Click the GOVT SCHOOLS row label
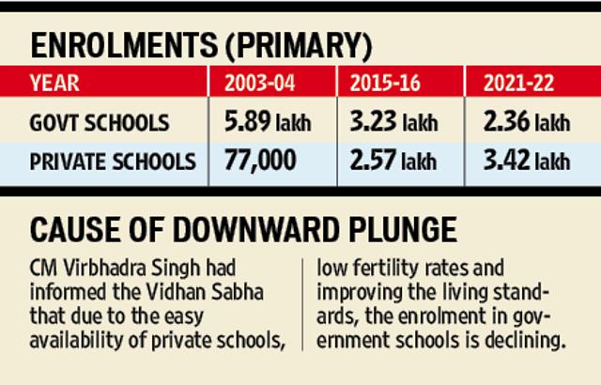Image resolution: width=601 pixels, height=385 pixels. pyautogui.click(x=100, y=123)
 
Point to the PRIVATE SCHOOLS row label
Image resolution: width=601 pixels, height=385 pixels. pyautogui.click(x=113, y=162)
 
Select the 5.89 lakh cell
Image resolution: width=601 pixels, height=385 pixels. pyautogui.click(x=268, y=121)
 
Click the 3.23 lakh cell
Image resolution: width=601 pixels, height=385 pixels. pyautogui.click(x=393, y=121)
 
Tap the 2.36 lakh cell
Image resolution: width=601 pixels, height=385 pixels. pyautogui.click(x=527, y=121)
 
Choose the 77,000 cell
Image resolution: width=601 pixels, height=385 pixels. pyautogui.click(x=260, y=161)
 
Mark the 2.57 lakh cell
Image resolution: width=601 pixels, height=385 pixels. pyautogui.click(x=393, y=160)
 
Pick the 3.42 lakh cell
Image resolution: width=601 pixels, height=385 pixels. pyautogui.click(x=527, y=160)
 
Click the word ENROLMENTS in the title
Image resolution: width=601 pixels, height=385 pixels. pyautogui.click(x=124, y=45)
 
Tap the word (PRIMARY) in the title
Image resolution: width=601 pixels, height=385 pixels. pyautogui.click(x=299, y=46)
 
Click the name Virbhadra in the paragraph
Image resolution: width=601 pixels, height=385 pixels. pyautogui.click(x=105, y=268)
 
